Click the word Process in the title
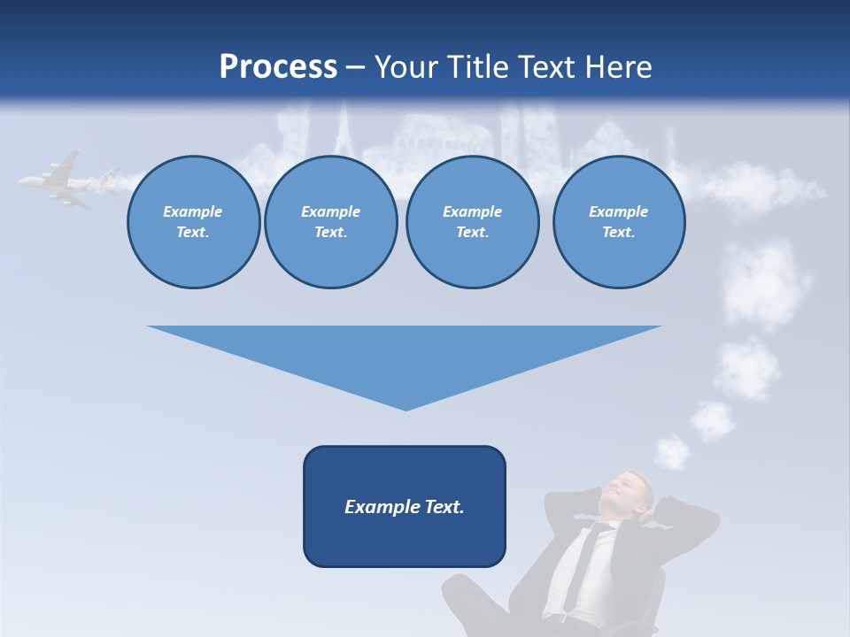[x=278, y=66]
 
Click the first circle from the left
[x=193, y=222]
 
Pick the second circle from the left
[x=330, y=222]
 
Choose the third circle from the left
[x=472, y=222]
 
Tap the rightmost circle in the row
[x=618, y=222]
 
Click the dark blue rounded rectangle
[x=404, y=506]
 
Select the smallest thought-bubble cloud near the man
[x=673, y=452]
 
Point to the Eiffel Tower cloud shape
[x=344, y=133]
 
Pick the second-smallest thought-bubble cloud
[x=713, y=420]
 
